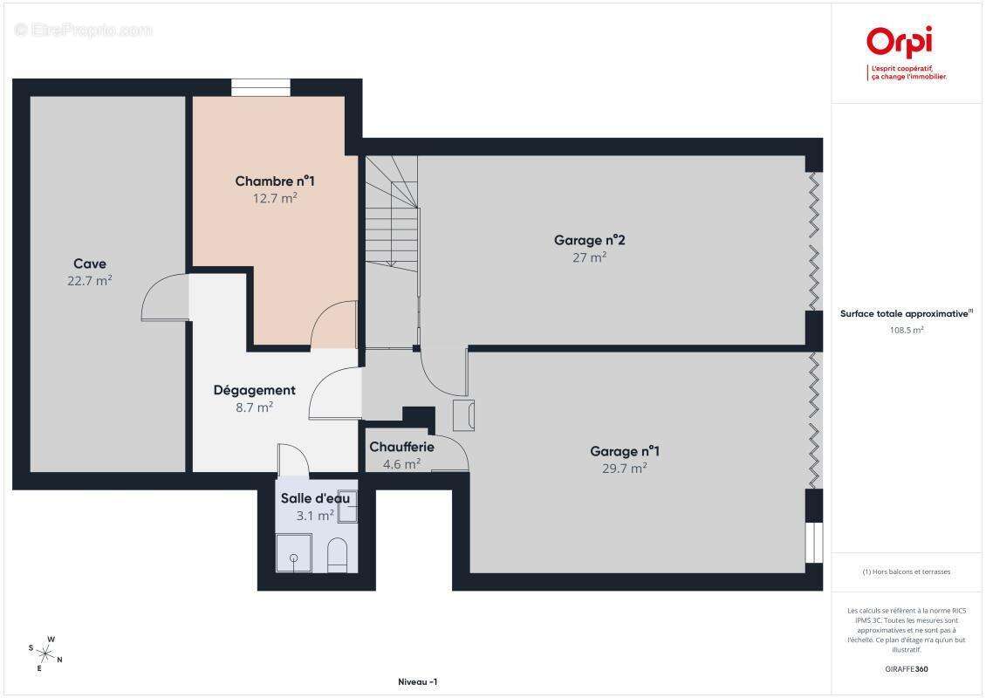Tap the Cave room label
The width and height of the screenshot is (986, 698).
pyautogui.click(x=90, y=263)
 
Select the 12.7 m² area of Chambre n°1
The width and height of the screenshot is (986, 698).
pyautogui.click(x=275, y=198)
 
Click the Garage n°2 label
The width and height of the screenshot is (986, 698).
pyautogui.click(x=589, y=240)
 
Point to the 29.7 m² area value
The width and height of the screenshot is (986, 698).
pyautogui.click(x=625, y=468)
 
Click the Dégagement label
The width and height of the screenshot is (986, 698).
pyautogui.click(x=254, y=390)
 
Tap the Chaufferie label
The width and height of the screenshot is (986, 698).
pyautogui.click(x=402, y=447)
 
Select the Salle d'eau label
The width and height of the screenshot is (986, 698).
pyautogui.click(x=315, y=498)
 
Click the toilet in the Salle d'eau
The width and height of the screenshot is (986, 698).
pyautogui.click(x=338, y=555)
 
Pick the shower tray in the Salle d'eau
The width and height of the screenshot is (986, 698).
pyautogui.click(x=294, y=553)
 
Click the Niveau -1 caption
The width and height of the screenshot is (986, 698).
pyautogui.click(x=418, y=681)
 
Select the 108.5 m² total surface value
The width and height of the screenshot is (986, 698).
pyautogui.click(x=906, y=330)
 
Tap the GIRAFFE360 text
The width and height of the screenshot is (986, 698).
pyautogui.click(x=906, y=669)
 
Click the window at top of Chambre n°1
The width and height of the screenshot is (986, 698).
pyautogui.click(x=261, y=87)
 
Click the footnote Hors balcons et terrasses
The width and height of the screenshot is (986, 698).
pyautogui.click(x=906, y=571)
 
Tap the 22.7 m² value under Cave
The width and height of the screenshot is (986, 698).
pyautogui.click(x=90, y=280)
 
